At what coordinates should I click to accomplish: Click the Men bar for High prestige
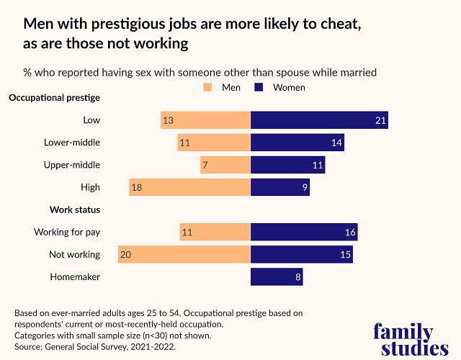[189, 187]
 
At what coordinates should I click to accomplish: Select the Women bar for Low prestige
[319, 120]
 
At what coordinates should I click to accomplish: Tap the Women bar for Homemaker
[277, 276]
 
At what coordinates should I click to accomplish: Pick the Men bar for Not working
[184, 254]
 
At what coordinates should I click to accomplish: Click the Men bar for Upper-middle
[225, 165]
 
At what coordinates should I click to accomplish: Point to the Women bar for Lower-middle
[297, 143]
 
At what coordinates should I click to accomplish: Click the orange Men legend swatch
[208, 88]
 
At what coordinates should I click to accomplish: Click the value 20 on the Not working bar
[127, 254]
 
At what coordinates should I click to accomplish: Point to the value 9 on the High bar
[305, 187]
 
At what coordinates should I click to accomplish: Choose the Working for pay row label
[67, 232]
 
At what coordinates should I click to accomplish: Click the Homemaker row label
[75, 276]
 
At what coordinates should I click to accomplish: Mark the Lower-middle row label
[72, 143]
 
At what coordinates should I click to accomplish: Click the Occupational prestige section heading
[54, 97]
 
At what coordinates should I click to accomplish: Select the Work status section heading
[74, 210]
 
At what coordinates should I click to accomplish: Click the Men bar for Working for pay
[215, 232]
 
